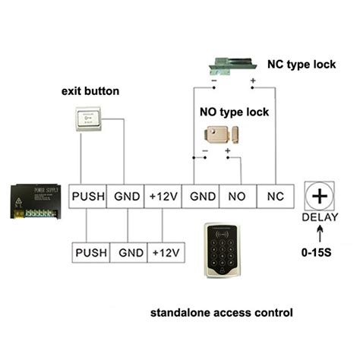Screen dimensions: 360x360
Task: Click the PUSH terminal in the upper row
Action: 87,197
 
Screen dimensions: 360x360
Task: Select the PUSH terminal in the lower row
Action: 91,251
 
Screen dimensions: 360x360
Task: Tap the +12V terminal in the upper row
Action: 164,197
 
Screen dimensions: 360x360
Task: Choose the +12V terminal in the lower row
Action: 166,251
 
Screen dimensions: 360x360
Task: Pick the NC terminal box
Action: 275,197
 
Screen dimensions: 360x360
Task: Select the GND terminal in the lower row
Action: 128,251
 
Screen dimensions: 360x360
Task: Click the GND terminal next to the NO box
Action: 201,197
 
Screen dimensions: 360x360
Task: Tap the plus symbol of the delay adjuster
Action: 321,195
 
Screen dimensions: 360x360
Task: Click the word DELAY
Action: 321,218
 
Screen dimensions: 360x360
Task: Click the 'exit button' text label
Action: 90,92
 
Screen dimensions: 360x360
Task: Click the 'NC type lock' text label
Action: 301,65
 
